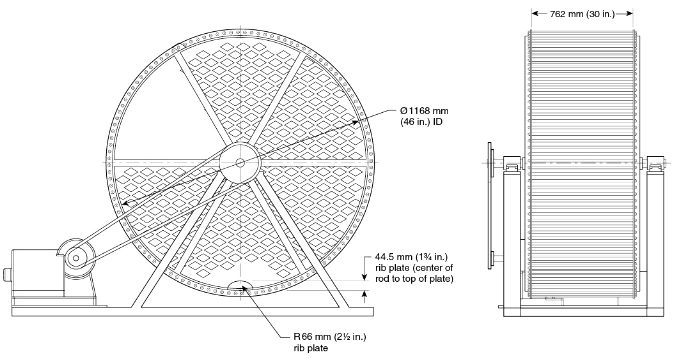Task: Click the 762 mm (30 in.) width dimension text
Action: tap(582, 14)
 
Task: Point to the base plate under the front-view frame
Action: tap(192, 311)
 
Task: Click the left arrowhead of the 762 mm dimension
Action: tap(534, 14)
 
